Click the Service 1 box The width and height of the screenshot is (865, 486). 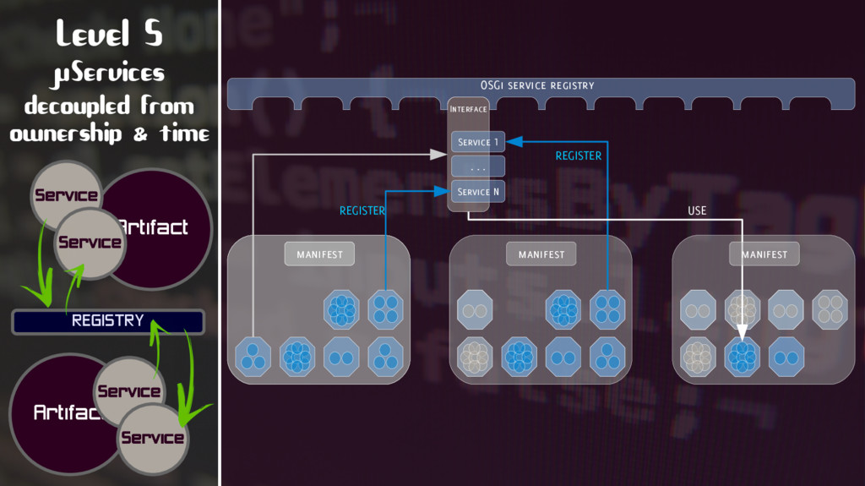click(x=477, y=142)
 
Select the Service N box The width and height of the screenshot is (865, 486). click(x=477, y=192)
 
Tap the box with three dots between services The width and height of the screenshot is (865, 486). click(x=477, y=167)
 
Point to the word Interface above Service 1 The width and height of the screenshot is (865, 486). click(x=469, y=109)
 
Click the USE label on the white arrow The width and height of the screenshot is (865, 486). click(x=697, y=210)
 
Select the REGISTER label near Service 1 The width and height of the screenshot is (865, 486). click(x=579, y=156)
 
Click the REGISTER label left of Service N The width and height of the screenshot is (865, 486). click(x=362, y=210)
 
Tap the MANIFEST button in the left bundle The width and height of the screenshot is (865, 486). click(x=319, y=254)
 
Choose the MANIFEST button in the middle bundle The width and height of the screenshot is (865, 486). click(x=541, y=254)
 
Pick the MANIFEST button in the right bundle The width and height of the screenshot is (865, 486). click(x=764, y=254)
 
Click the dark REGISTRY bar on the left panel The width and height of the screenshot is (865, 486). click(x=108, y=321)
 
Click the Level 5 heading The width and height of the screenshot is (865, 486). click(x=109, y=34)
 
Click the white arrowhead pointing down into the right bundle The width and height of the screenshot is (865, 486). click(x=743, y=332)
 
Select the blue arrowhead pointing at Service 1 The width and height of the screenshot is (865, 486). click(x=514, y=142)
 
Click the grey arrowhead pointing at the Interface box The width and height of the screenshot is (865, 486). click(x=438, y=155)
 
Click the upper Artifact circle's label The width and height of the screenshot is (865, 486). click(x=154, y=227)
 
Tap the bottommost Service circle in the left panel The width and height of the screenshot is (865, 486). click(x=152, y=438)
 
